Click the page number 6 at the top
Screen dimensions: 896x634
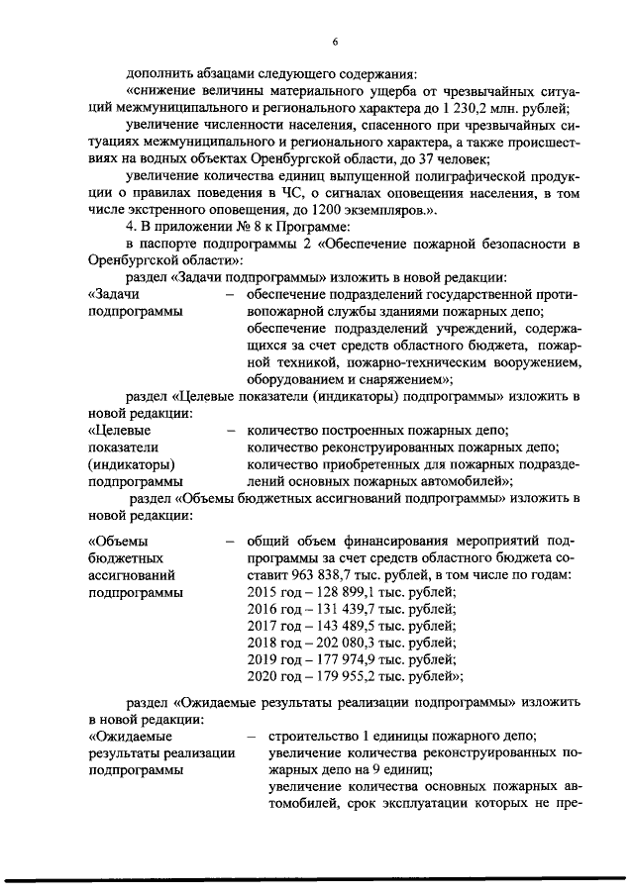336,41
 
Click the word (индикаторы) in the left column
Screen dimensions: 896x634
130,463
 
